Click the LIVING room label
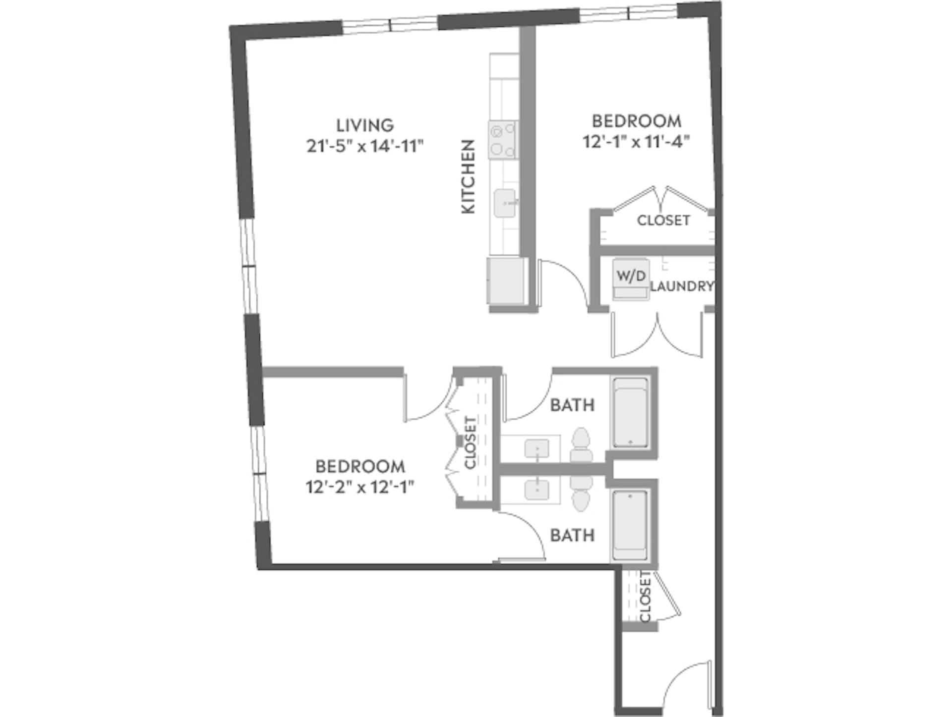pos(365,125)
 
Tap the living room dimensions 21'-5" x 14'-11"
pos(365,146)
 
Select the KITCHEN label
pos(468,177)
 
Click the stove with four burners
pos(503,140)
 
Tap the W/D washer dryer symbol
pos(631,276)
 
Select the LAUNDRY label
pos(682,286)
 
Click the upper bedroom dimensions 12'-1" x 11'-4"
pos(637,142)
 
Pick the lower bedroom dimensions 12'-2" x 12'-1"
pos(360,488)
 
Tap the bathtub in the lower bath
pos(630,525)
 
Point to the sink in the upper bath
pos(537,448)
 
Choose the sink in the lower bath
pos(537,490)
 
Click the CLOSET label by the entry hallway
pos(645,597)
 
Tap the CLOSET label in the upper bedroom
pos(663,220)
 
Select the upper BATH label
pos(572,405)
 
